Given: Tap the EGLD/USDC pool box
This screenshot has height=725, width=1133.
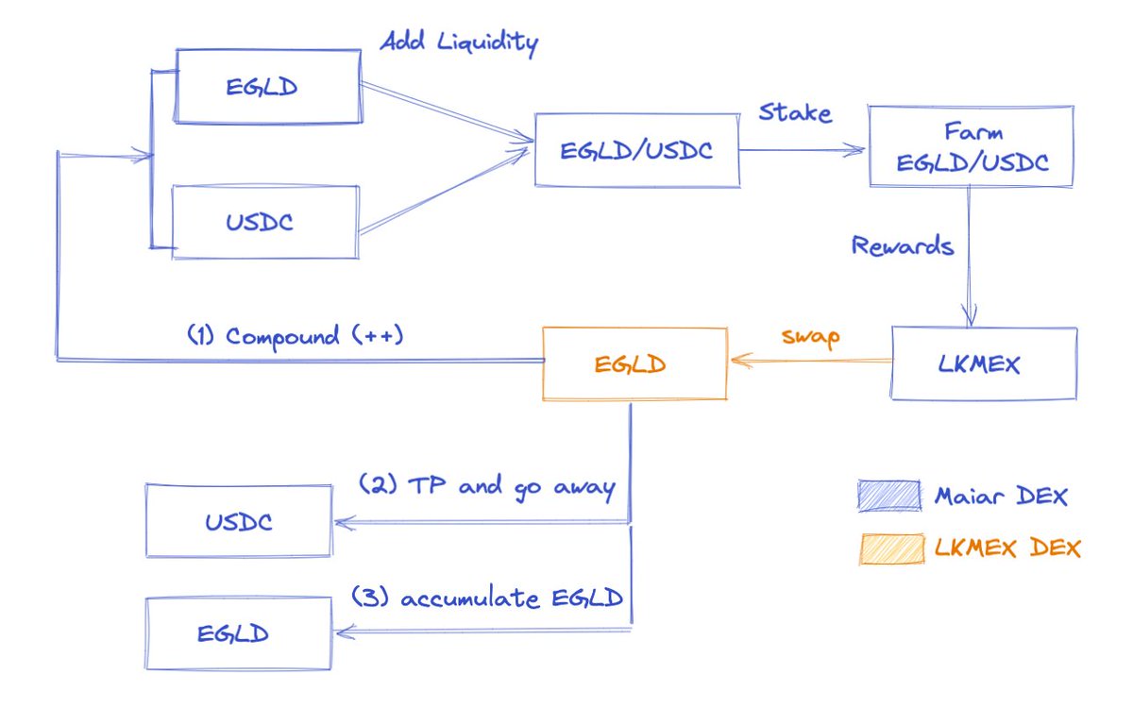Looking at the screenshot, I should click(636, 149).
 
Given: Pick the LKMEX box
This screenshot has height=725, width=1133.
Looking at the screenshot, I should click(984, 363).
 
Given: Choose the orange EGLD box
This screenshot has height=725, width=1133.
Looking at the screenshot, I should click(634, 363).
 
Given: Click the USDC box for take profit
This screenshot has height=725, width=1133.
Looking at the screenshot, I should click(238, 520).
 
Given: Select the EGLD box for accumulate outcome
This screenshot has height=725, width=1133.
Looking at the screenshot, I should click(237, 632).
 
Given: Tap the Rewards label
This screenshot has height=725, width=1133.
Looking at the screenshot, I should click(902, 246).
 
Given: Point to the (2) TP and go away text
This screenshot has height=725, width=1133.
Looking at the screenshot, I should click(486, 487).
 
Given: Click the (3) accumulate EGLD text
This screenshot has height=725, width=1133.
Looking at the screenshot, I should click(487, 599).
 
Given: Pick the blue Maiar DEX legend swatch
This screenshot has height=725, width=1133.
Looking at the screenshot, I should click(889, 495).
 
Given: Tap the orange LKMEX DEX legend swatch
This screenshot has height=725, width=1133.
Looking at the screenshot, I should click(889, 548).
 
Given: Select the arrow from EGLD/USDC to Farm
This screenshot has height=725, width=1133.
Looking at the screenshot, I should click(803, 148).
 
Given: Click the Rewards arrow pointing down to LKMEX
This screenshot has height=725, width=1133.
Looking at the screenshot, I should click(970, 255).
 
